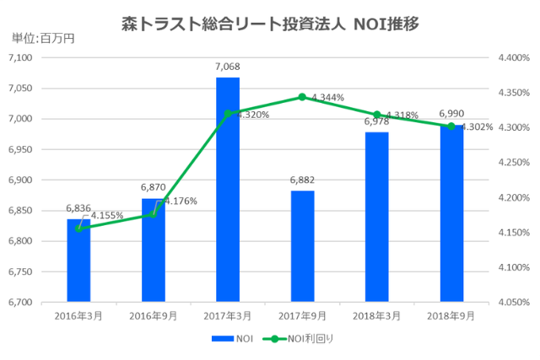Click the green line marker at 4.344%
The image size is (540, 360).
pyautogui.click(x=302, y=97)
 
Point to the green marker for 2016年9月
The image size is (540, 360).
pyautogui.click(x=154, y=213)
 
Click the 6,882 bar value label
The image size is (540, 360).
pyautogui.click(x=302, y=180)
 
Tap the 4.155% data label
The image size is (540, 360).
pyautogui.click(x=107, y=216)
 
